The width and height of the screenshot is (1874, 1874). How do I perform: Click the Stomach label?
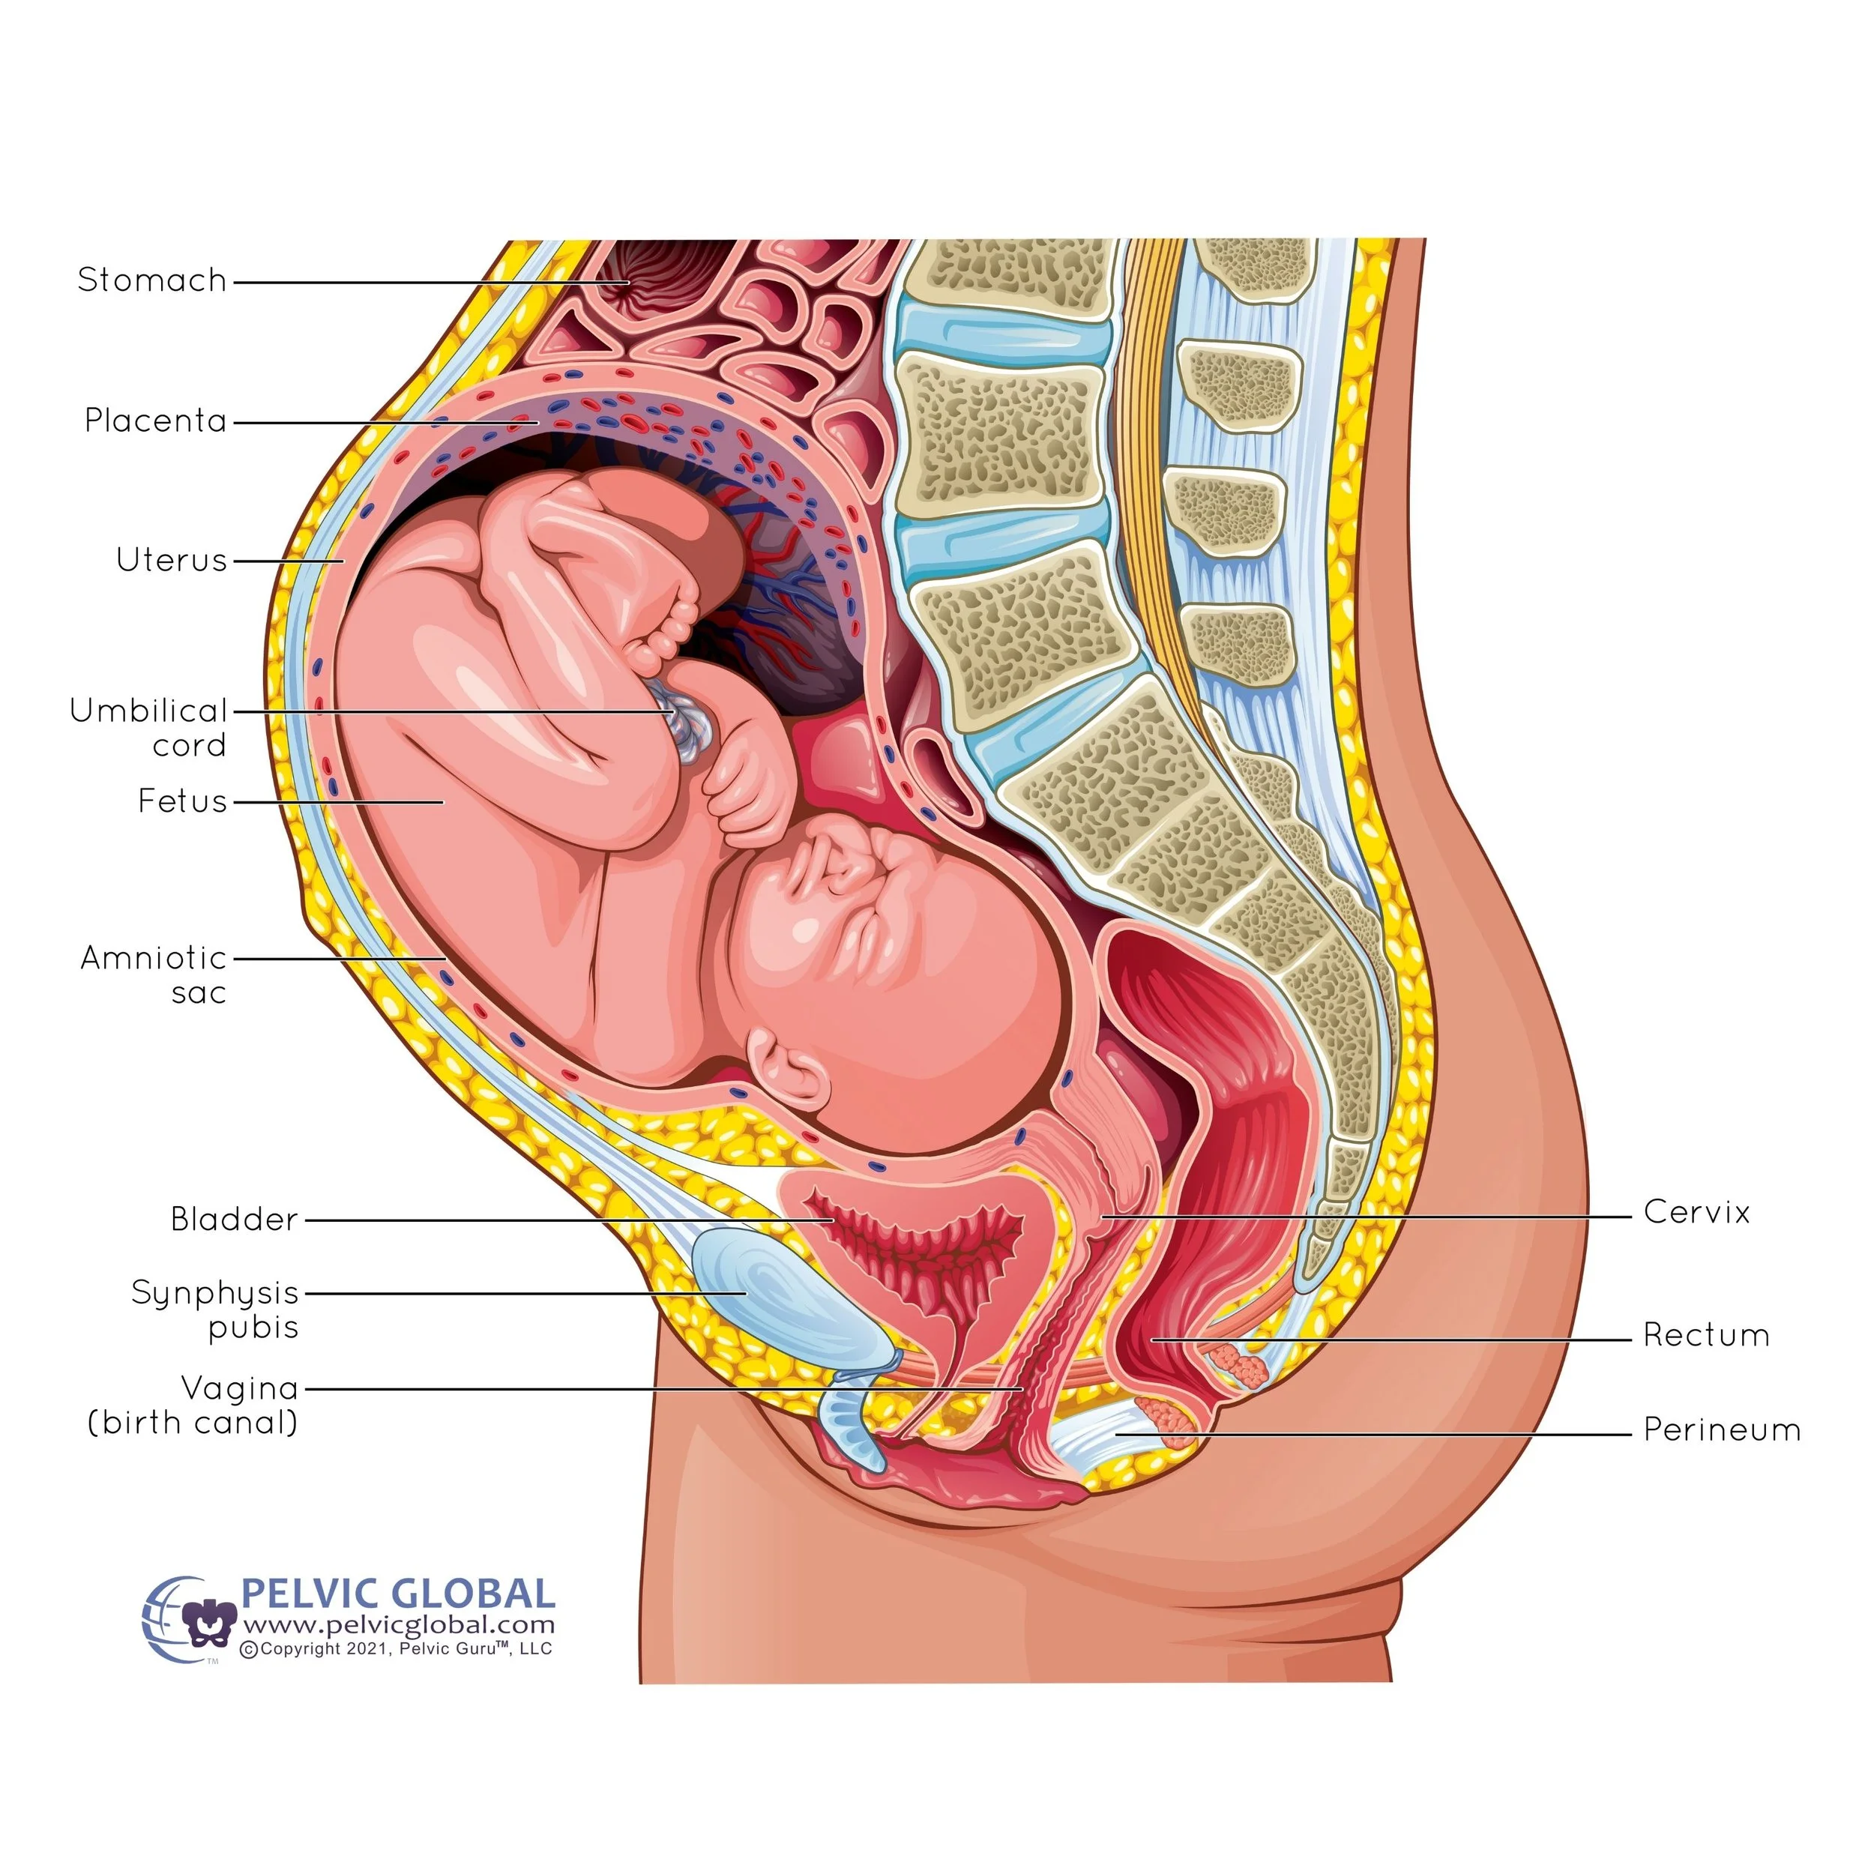point(151,280)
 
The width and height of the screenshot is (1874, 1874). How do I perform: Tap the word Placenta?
point(155,421)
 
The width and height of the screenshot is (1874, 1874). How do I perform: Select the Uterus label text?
point(171,561)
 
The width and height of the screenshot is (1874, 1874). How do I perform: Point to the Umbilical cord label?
point(148,727)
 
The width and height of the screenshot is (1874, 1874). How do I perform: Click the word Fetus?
point(181,801)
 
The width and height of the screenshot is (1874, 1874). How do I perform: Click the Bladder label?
point(234,1220)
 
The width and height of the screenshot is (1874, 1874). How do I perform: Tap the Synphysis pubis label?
point(214,1310)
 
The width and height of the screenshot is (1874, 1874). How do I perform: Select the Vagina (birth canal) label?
point(193,1405)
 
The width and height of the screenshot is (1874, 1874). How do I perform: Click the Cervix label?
point(1696,1212)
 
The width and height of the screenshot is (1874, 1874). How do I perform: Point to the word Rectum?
point(1705,1336)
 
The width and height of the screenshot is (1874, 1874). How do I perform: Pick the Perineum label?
point(1721,1429)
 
